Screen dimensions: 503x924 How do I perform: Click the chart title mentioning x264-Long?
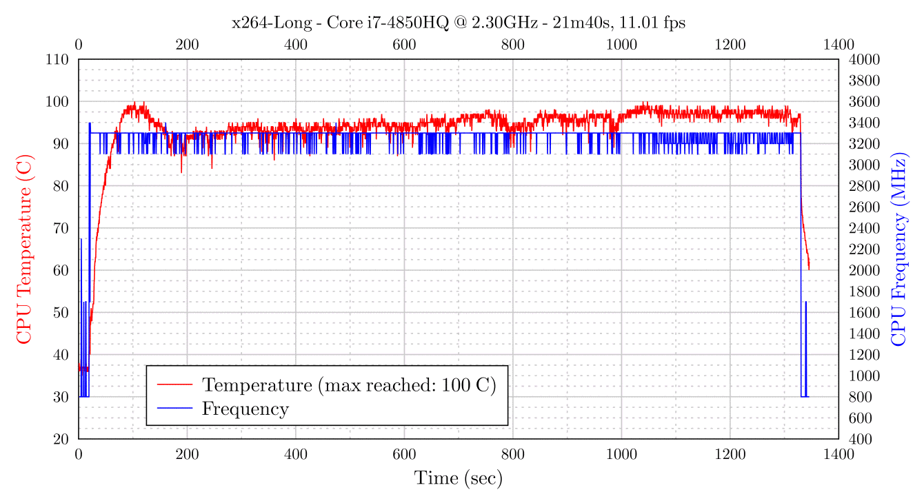tap(458, 23)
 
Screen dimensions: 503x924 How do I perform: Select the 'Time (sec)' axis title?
tap(458, 478)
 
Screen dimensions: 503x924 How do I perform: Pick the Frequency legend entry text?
tap(245, 409)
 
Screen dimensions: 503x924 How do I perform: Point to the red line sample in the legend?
tap(174, 384)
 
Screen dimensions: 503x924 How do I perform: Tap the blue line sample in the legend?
tap(174, 409)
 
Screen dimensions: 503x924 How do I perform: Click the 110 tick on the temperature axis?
tap(57, 59)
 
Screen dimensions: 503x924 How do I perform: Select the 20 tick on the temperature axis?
tap(61, 439)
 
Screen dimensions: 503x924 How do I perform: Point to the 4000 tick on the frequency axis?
tap(860, 59)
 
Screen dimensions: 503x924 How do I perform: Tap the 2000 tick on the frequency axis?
tap(860, 270)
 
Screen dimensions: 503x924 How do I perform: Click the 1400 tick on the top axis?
tap(838, 45)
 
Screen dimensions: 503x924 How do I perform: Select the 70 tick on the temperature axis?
tap(61, 228)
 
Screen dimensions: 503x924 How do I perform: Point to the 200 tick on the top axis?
tap(187, 45)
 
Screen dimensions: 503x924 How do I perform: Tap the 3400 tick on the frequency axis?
tap(860, 123)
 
